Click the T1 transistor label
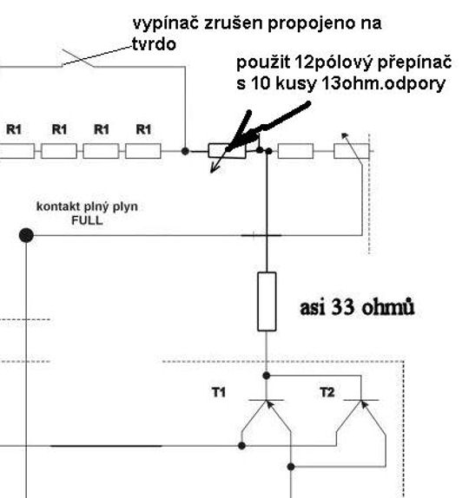[x=219, y=392]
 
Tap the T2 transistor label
[x=327, y=392]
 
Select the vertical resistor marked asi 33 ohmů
[x=267, y=301]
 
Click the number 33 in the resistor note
[x=342, y=307]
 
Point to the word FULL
[x=87, y=220]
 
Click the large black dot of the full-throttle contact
[x=26, y=235]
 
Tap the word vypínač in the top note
[x=166, y=24]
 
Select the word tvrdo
[x=154, y=44]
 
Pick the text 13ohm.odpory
[x=383, y=84]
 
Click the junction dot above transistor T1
[x=267, y=376]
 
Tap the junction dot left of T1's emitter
[x=241, y=446]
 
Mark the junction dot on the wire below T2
[x=291, y=467]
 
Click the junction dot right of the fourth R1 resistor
[x=185, y=151]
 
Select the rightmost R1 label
[x=143, y=129]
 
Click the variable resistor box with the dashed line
[x=352, y=151]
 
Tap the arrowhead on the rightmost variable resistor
[x=345, y=135]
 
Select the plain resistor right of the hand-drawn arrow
[x=295, y=151]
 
